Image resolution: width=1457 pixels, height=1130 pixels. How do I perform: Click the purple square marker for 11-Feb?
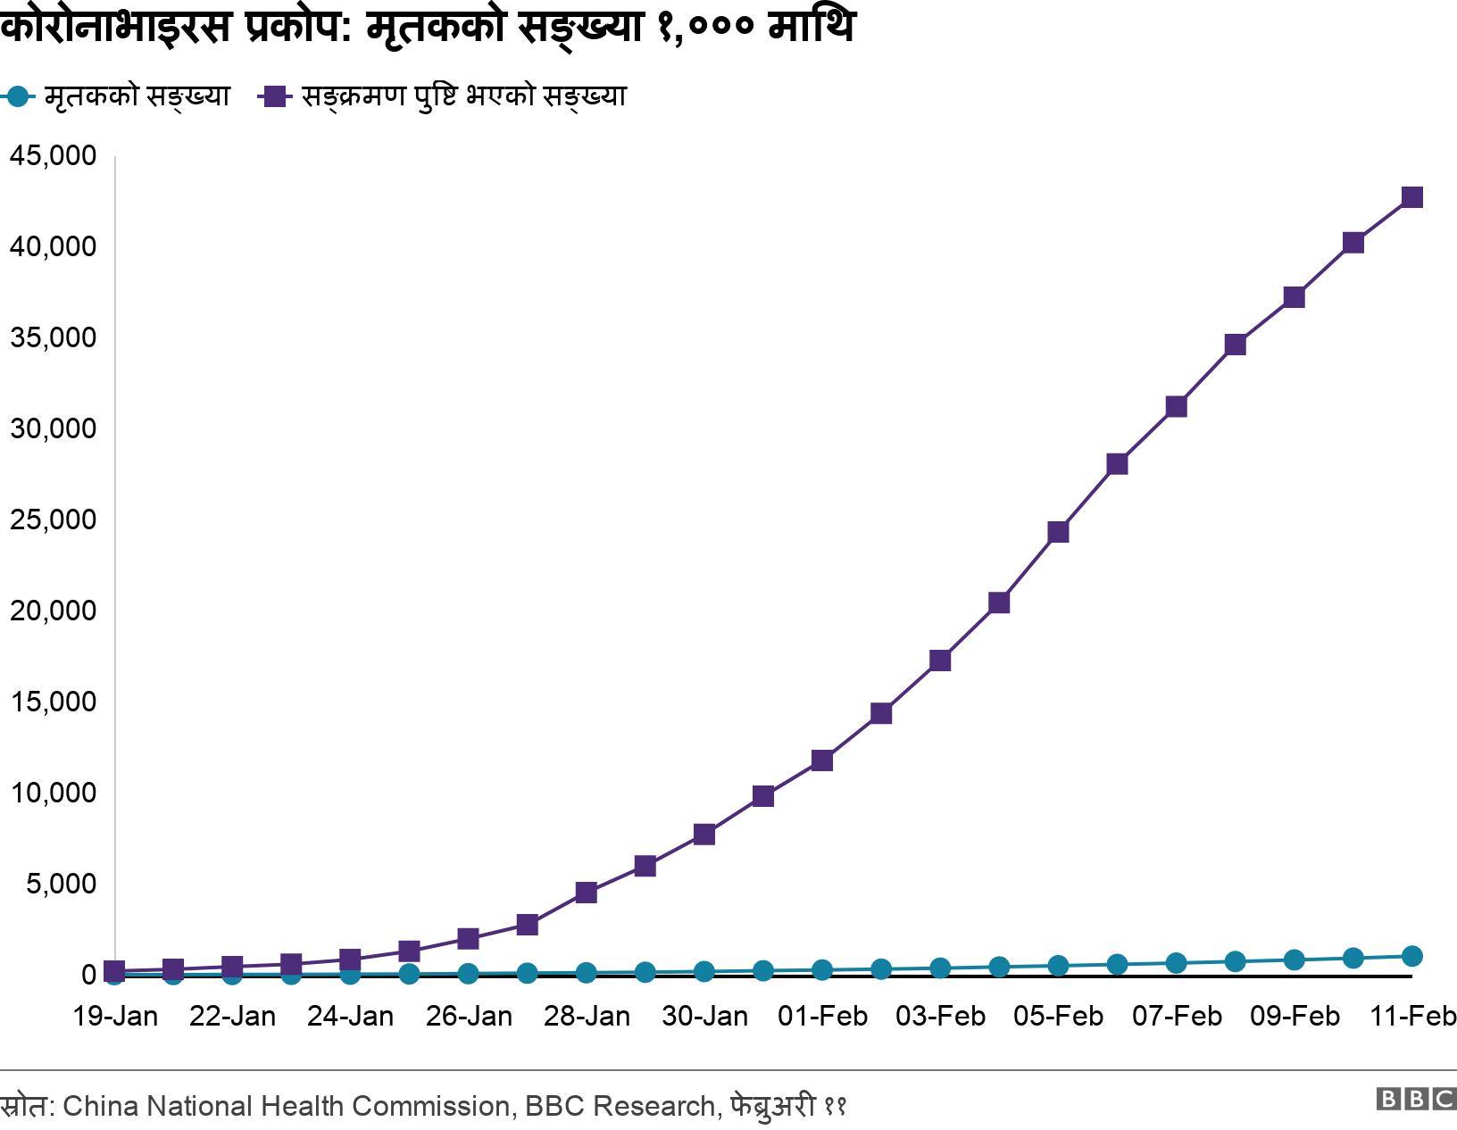[1411, 197]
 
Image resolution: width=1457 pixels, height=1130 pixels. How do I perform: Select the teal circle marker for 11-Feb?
[1411, 956]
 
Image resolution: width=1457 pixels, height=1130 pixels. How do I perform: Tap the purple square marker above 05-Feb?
[1058, 532]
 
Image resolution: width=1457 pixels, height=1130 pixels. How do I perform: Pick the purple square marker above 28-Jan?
[586, 893]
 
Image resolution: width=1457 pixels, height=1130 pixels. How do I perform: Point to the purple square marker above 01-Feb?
[822, 760]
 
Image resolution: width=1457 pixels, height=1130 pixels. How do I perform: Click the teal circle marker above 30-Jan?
[704, 971]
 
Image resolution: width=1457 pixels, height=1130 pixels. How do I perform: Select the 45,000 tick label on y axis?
[53, 156]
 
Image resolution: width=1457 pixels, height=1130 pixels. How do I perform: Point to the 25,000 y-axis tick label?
[53, 519]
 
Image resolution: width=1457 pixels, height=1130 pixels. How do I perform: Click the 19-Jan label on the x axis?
[114, 1017]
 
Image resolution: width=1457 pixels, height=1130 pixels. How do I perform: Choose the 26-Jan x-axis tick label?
[469, 1017]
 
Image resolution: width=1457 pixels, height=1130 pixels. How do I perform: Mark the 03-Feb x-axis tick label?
[940, 1017]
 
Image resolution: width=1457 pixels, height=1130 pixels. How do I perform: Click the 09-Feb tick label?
[1295, 1017]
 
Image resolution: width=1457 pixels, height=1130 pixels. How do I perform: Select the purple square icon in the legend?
[274, 96]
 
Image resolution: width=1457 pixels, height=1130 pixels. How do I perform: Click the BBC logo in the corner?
[1416, 1099]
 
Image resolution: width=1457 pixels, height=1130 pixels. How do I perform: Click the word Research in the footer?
[654, 1107]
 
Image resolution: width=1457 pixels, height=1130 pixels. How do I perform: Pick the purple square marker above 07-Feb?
[1176, 407]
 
